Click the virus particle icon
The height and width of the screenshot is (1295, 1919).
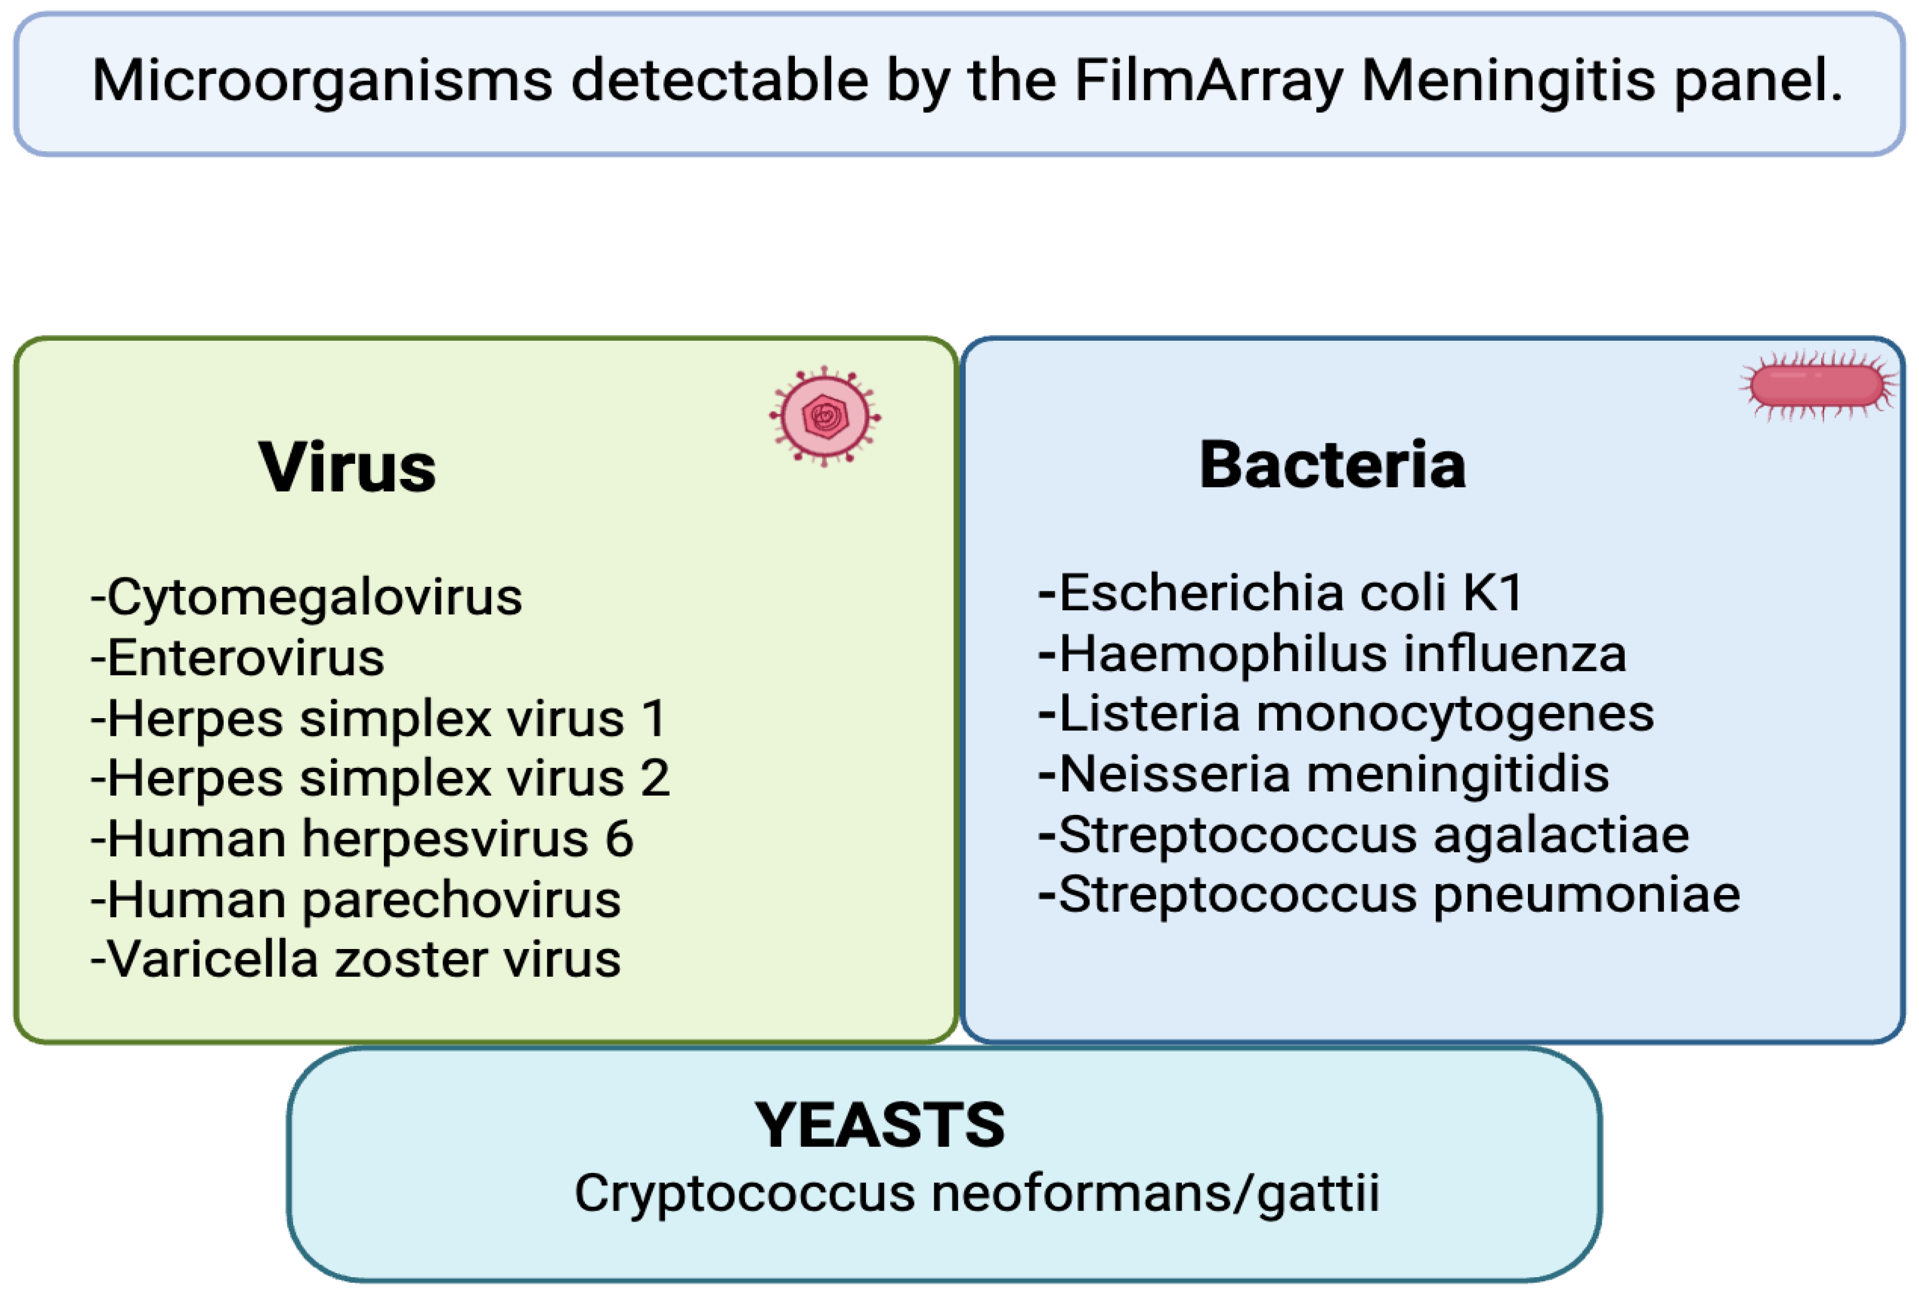coord(825,417)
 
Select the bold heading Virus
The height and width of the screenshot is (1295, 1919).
coord(347,468)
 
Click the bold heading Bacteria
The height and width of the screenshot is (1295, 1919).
coord(1332,465)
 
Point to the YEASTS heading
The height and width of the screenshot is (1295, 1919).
coord(880,1125)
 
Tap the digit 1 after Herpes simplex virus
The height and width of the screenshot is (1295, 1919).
coord(654,718)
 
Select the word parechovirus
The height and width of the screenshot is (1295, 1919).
coord(462,900)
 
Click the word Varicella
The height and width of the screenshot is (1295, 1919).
coord(213,960)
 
